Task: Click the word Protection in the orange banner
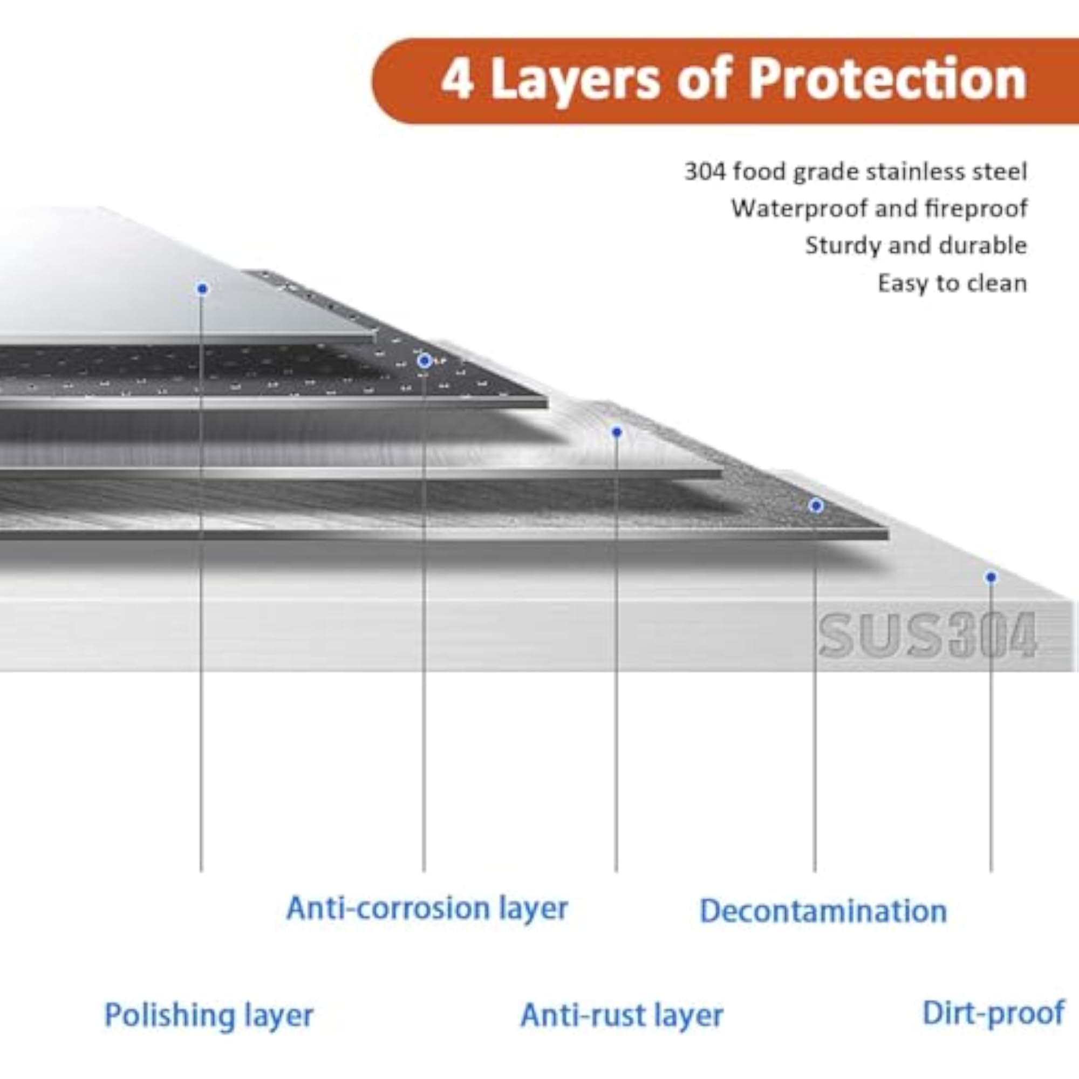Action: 887,80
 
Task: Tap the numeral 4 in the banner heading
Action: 458,80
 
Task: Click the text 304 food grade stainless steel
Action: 856,172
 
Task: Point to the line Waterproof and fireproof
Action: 879,208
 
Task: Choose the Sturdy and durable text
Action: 916,245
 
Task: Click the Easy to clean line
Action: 952,283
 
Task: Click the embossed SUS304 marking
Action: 927,636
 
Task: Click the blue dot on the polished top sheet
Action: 203,289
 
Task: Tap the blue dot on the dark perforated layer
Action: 425,361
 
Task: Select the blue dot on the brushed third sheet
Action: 617,432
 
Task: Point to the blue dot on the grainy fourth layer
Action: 816,506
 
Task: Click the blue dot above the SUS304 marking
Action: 991,577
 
